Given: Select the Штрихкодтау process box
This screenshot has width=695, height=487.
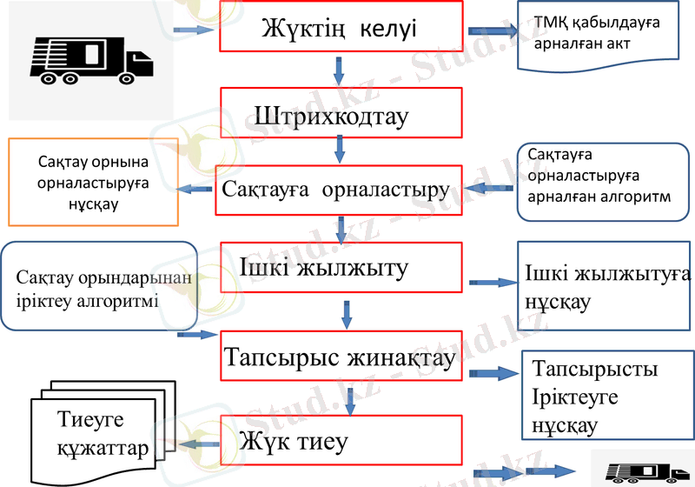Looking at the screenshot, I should point(339,115).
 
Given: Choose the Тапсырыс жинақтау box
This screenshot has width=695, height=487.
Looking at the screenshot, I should point(339,357).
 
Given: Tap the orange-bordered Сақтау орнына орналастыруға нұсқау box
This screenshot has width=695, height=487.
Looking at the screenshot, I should point(92,182).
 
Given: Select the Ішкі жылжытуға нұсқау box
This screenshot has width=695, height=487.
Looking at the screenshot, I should point(606,288).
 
